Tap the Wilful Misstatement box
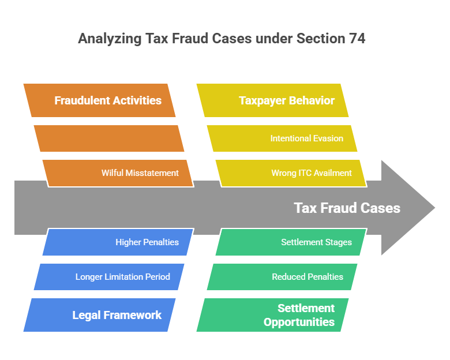pyautogui.click(x=118, y=172)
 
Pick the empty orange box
pyautogui.click(x=109, y=138)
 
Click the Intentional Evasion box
pyautogui.click(x=282, y=138)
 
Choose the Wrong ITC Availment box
pyautogui.click(x=291, y=172)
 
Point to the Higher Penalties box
pyautogui.click(x=118, y=242)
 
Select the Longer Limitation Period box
pyautogui.click(x=109, y=277)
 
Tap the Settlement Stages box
pyautogui.click(x=291, y=242)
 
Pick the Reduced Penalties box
pyautogui.click(x=282, y=277)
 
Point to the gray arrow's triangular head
pyautogui.click(x=407, y=208)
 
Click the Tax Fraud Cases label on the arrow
pyautogui.click(x=347, y=208)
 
